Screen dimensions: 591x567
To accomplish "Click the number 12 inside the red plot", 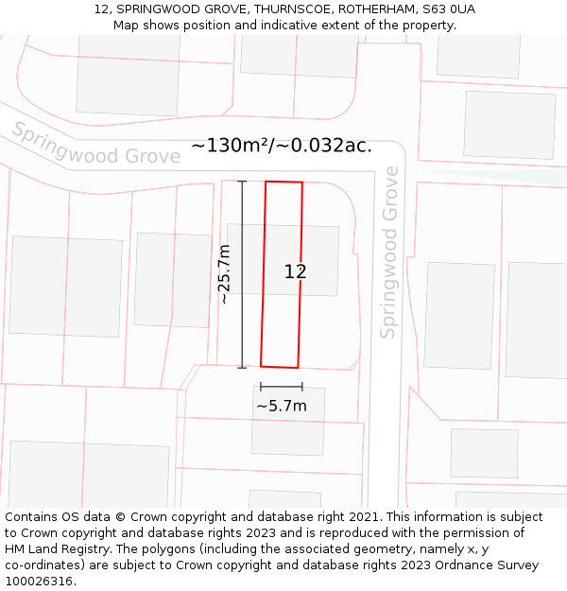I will (296, 272).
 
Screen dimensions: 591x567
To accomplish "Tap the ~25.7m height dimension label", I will (224, 274).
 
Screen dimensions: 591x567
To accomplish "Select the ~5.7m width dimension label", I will (282, 406).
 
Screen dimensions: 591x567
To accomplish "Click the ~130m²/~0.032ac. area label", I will (282, 146).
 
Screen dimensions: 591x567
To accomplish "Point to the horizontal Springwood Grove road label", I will (95, 147).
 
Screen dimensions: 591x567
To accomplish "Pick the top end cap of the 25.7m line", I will (242, 181).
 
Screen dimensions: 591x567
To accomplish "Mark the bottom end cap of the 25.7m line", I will (242, 367).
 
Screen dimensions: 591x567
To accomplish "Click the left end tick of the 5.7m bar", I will (261, 387).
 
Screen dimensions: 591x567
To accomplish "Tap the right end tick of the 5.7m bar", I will (302, 387).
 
